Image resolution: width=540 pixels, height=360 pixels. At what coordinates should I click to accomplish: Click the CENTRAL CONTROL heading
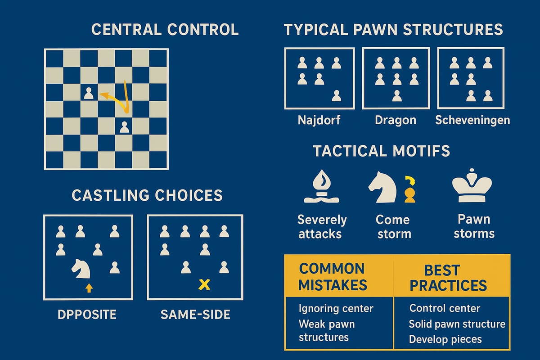[165, 30]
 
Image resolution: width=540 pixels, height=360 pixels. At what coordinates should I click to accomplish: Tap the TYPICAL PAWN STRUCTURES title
[393, 30]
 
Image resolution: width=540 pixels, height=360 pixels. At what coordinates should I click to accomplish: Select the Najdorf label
[319, 121]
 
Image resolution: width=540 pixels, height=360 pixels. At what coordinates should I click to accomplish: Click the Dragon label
[396, 121]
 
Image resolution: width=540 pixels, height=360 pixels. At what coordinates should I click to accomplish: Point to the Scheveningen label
[472, 121]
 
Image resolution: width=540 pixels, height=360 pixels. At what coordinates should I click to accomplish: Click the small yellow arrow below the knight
[89, 288]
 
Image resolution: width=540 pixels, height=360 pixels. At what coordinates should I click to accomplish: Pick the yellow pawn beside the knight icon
[409, 194]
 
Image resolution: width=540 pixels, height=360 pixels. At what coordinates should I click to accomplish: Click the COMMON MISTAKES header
[333, 277]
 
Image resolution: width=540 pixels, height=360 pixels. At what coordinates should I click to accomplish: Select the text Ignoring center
[336, 309]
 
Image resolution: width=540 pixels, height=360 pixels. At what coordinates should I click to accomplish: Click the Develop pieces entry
[445, 339]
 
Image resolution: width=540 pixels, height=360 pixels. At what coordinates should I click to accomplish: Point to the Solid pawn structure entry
[457, 324]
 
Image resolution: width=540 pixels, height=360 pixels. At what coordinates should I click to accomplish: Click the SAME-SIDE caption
[195, 315]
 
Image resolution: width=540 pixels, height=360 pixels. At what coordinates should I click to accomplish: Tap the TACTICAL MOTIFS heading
[381, 151]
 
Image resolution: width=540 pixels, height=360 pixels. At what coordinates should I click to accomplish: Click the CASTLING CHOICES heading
[147, 195]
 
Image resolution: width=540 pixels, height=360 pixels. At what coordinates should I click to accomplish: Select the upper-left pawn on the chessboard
[89, 94]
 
